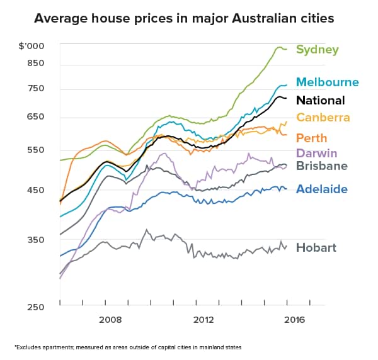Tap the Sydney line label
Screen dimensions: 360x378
(x=318, y=50)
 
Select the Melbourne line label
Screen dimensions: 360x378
(x=327, y=82)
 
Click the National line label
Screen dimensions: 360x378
(x=320, y=100)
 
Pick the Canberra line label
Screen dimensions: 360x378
(x=323, y=118)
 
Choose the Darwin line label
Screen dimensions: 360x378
(x=317, y=154)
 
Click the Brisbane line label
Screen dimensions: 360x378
(x=322, y=166)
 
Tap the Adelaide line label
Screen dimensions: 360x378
(x=321, y=189)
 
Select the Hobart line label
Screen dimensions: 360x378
(x=316, y=247)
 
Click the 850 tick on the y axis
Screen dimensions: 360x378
(x=35, y=64)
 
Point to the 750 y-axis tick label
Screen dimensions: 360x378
(x=35, y=89)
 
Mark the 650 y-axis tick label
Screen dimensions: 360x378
(x=35, y=117)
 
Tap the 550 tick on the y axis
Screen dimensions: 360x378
(x=35, y=150)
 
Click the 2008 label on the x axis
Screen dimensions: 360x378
(x=111, y=320)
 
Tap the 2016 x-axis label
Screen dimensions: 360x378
(x=295, y=320)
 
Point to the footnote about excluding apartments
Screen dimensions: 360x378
(x=128, y=347)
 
